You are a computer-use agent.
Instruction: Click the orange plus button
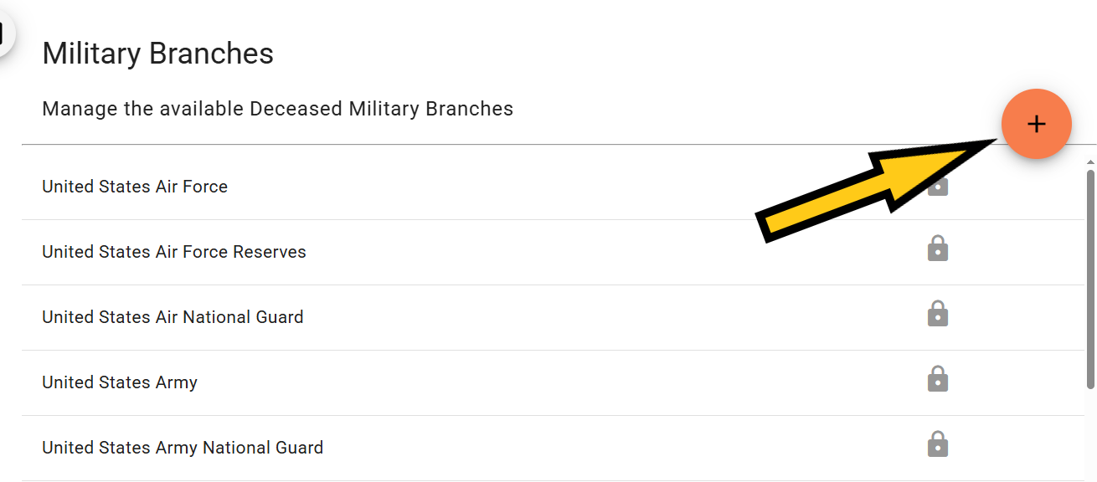tap(1036, 124)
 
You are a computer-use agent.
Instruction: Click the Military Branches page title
tap(157, 54)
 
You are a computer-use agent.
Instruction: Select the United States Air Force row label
tap(135, 187)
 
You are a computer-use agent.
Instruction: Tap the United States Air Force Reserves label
tap(174, 252)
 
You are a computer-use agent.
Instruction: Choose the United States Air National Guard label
tap(173, 317)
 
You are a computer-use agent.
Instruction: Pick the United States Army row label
tap(120, 382)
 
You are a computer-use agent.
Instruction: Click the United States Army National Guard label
tap(183, 448)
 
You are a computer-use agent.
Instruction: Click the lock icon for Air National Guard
tap(938, 313)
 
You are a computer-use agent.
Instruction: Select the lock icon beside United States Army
tap(938, 379)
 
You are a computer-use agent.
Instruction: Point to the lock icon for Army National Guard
tap(938, 444)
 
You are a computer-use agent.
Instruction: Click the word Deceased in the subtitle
tap(296, 109)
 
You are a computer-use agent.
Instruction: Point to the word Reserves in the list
tap(270, 252)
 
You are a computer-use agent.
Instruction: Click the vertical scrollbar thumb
tap(1090, 279)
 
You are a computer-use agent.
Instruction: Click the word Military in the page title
tap(91, 54)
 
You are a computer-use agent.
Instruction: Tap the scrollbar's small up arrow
tap(1090, 162)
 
